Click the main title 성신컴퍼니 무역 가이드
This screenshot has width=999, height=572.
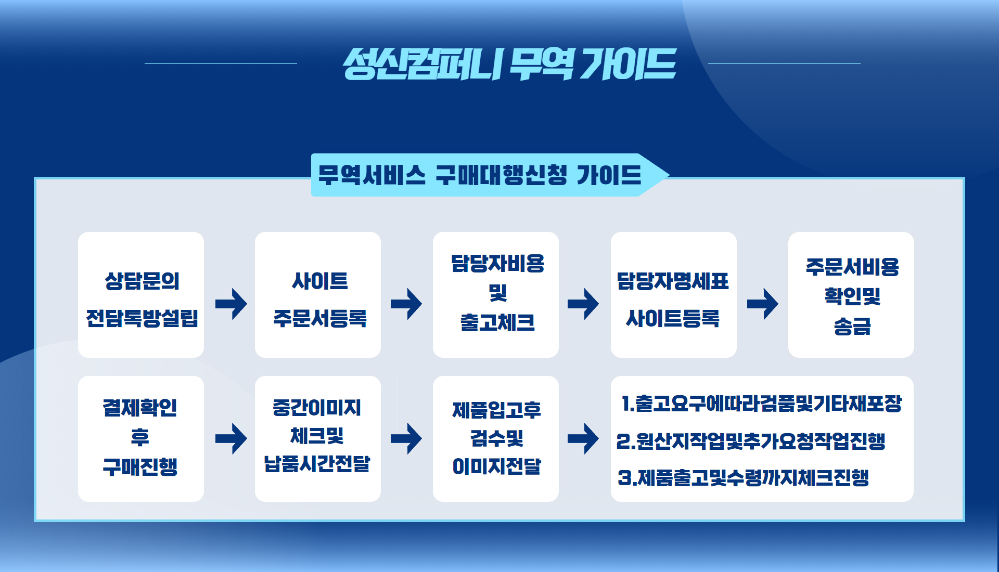(x=509, y=64)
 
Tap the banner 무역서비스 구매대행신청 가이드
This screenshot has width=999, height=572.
(x=489, y=175)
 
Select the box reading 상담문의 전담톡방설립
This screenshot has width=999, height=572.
(x=141, y=295)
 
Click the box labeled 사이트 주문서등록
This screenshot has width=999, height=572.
(x=318, y=295)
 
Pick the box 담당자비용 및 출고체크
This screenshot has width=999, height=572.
(x=496, y=295)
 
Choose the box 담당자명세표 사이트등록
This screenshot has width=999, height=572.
(x=674, y=295)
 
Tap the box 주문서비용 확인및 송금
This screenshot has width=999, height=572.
(x=851, y=295)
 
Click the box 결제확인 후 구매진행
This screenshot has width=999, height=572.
(x=141, y=439)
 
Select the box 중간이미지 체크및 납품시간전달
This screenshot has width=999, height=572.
(x=318, y=439)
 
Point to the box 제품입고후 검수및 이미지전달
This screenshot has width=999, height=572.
(x=496, y=439)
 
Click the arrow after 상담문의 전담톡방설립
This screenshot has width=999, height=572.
(x=231, y=304)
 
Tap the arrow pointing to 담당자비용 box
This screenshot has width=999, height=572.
(x=406, y=304)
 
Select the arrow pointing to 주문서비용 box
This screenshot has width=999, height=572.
(x=763, y=304)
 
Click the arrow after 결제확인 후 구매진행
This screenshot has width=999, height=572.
(x=231, y=438)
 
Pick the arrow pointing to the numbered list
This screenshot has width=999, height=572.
(x=583, y=438)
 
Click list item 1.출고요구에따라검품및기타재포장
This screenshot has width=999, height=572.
(x=761, y=404)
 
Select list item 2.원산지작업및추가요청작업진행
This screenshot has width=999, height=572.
(x=751, y=441)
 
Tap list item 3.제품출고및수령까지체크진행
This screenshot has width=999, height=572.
(x=744, y=477)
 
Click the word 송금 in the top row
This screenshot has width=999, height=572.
(x=852, y=327)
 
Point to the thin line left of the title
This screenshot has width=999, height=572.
(x=221, y=63)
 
